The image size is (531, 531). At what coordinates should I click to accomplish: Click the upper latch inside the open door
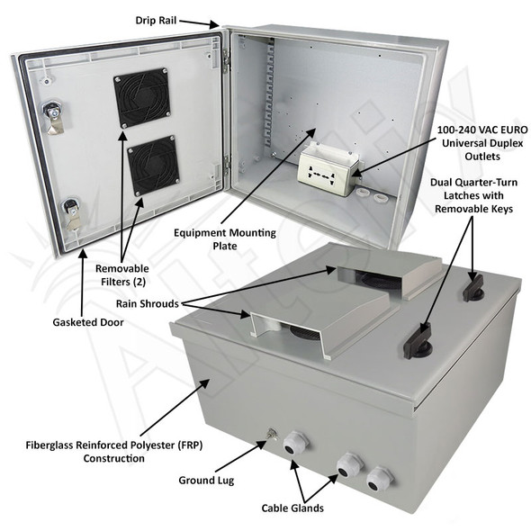coord(52,116)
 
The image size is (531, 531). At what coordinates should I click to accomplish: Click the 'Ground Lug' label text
coord(207,480)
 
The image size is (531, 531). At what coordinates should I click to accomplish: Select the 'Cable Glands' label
coord(293,508)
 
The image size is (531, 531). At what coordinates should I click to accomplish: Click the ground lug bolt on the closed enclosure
coord(269,438)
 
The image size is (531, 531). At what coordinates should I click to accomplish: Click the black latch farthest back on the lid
coord(473,287)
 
